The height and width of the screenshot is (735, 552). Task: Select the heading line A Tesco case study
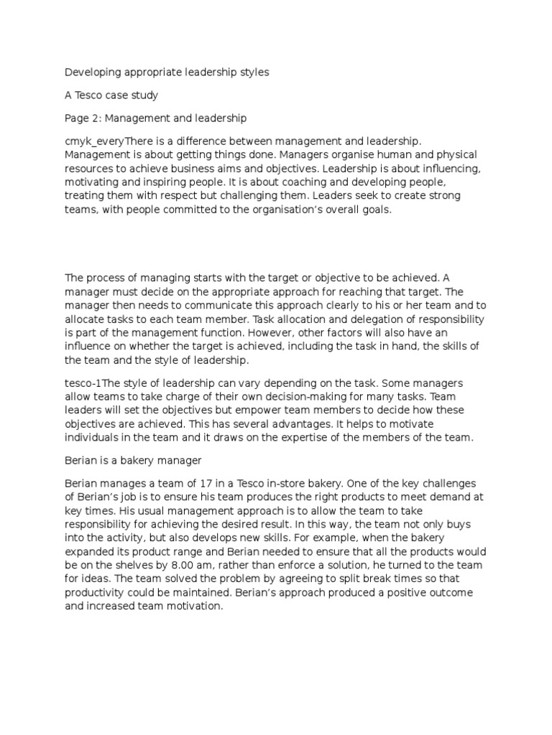pos(111,95)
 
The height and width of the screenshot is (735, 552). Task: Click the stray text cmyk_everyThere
pos(109,142)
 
